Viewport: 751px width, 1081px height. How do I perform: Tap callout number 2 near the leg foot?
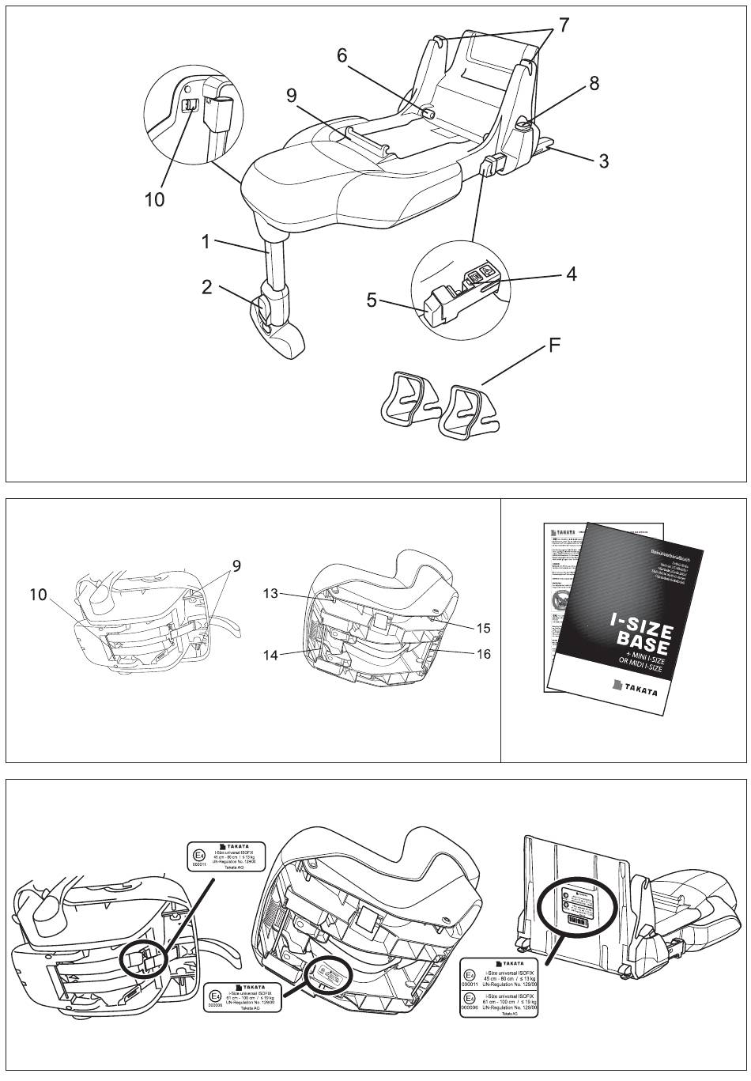(206, 287)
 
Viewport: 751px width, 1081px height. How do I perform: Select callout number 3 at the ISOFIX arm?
(603, 161)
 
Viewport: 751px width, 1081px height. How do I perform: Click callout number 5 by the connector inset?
(372, 300)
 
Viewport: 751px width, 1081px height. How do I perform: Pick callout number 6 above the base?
(342, 56)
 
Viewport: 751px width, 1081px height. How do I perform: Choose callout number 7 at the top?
(564, 25)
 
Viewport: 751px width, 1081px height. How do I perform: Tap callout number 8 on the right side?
(594, 84)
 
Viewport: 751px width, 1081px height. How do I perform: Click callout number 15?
(483, 629)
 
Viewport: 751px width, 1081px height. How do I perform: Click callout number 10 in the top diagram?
(155, 199)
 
